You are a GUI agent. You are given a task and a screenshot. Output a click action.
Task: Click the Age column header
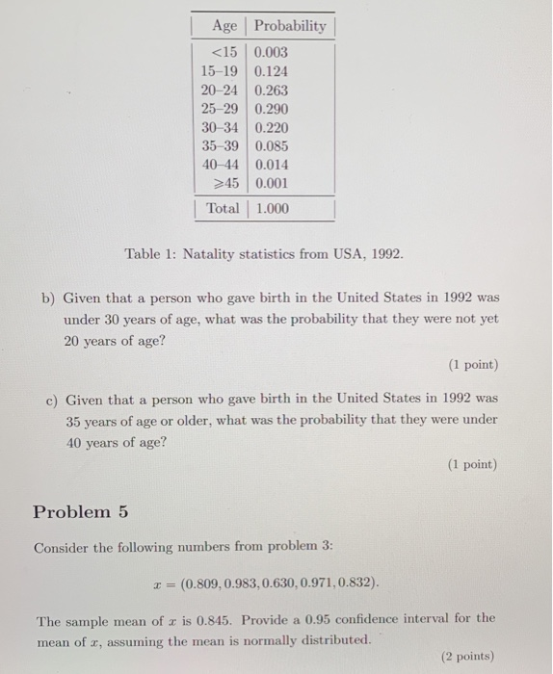224,26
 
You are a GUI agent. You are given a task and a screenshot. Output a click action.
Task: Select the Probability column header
290,26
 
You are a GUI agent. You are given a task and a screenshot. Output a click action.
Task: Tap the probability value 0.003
271,53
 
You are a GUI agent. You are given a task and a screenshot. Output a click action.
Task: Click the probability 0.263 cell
271,91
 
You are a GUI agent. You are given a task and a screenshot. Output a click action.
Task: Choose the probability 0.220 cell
271,127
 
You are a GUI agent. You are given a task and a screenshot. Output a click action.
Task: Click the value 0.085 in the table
271,146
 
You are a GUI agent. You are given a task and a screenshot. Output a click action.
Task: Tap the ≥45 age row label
224,183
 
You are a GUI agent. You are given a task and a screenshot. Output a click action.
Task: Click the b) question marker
48,298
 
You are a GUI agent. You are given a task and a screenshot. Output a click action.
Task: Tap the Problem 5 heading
80,511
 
